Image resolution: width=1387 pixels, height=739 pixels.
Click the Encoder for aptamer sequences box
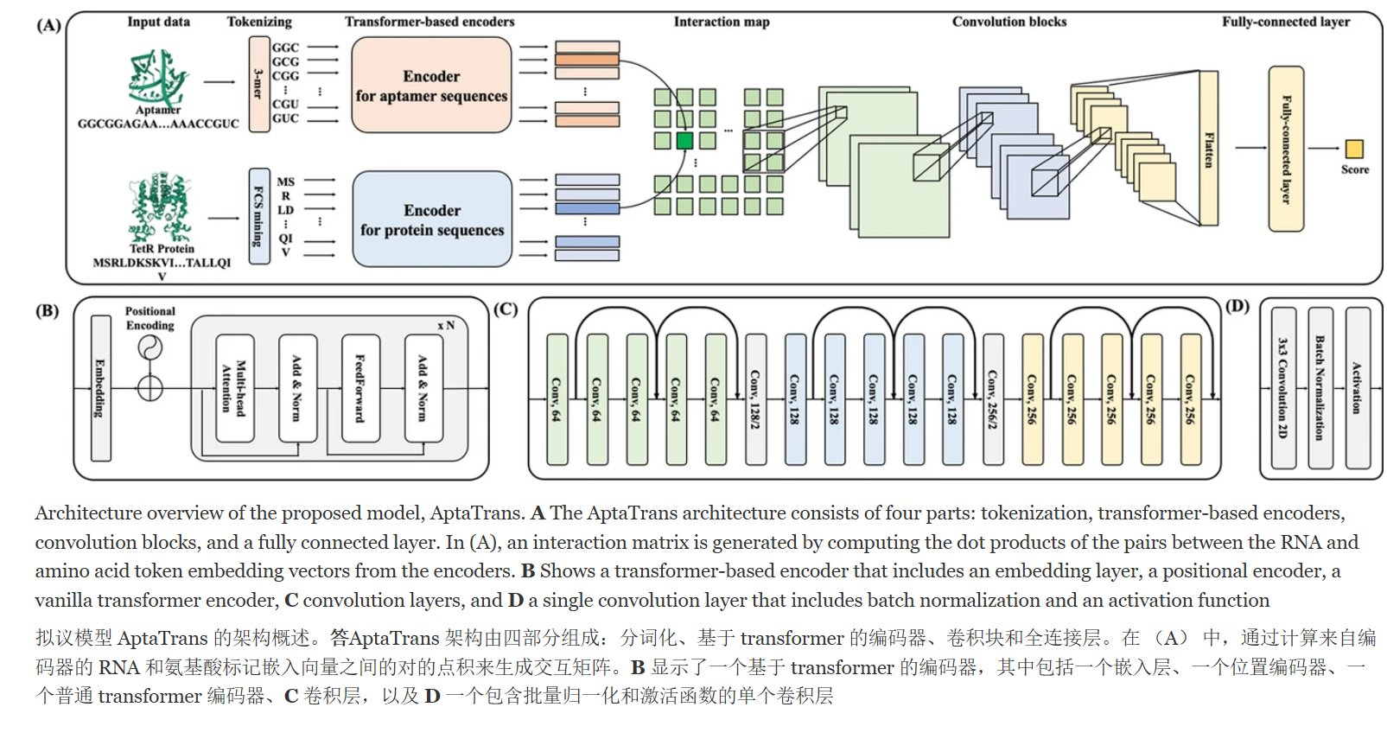[431, 85]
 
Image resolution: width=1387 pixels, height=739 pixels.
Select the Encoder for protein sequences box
[432, 220]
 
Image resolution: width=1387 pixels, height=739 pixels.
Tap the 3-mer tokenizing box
[259, 84]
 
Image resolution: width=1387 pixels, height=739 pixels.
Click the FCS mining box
[259, 216]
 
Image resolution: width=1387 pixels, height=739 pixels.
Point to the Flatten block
[1209, 148]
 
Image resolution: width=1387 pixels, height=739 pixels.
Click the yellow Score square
[1354, 149]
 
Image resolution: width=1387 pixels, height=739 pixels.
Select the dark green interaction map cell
[684, 141]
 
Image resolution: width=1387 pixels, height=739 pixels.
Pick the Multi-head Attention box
[235, 388]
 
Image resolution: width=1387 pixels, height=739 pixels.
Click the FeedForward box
[360, 388]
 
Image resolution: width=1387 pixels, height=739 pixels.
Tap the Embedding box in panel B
[101, 388]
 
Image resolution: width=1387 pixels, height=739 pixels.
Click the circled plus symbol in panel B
[150, 388]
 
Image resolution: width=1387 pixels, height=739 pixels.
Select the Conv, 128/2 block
[755, 399]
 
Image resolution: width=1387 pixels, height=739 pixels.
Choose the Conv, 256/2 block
[993, 399]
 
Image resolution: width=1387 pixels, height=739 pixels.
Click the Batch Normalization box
[1320, 388]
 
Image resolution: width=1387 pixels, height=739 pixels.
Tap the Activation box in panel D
[1358, 388]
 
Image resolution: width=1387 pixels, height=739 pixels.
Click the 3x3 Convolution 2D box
[1283, 388]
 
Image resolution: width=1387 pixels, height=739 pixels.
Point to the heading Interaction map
[722, 22]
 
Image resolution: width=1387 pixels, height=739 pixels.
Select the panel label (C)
[506, 309]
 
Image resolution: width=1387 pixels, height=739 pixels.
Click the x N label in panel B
[446, 325]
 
